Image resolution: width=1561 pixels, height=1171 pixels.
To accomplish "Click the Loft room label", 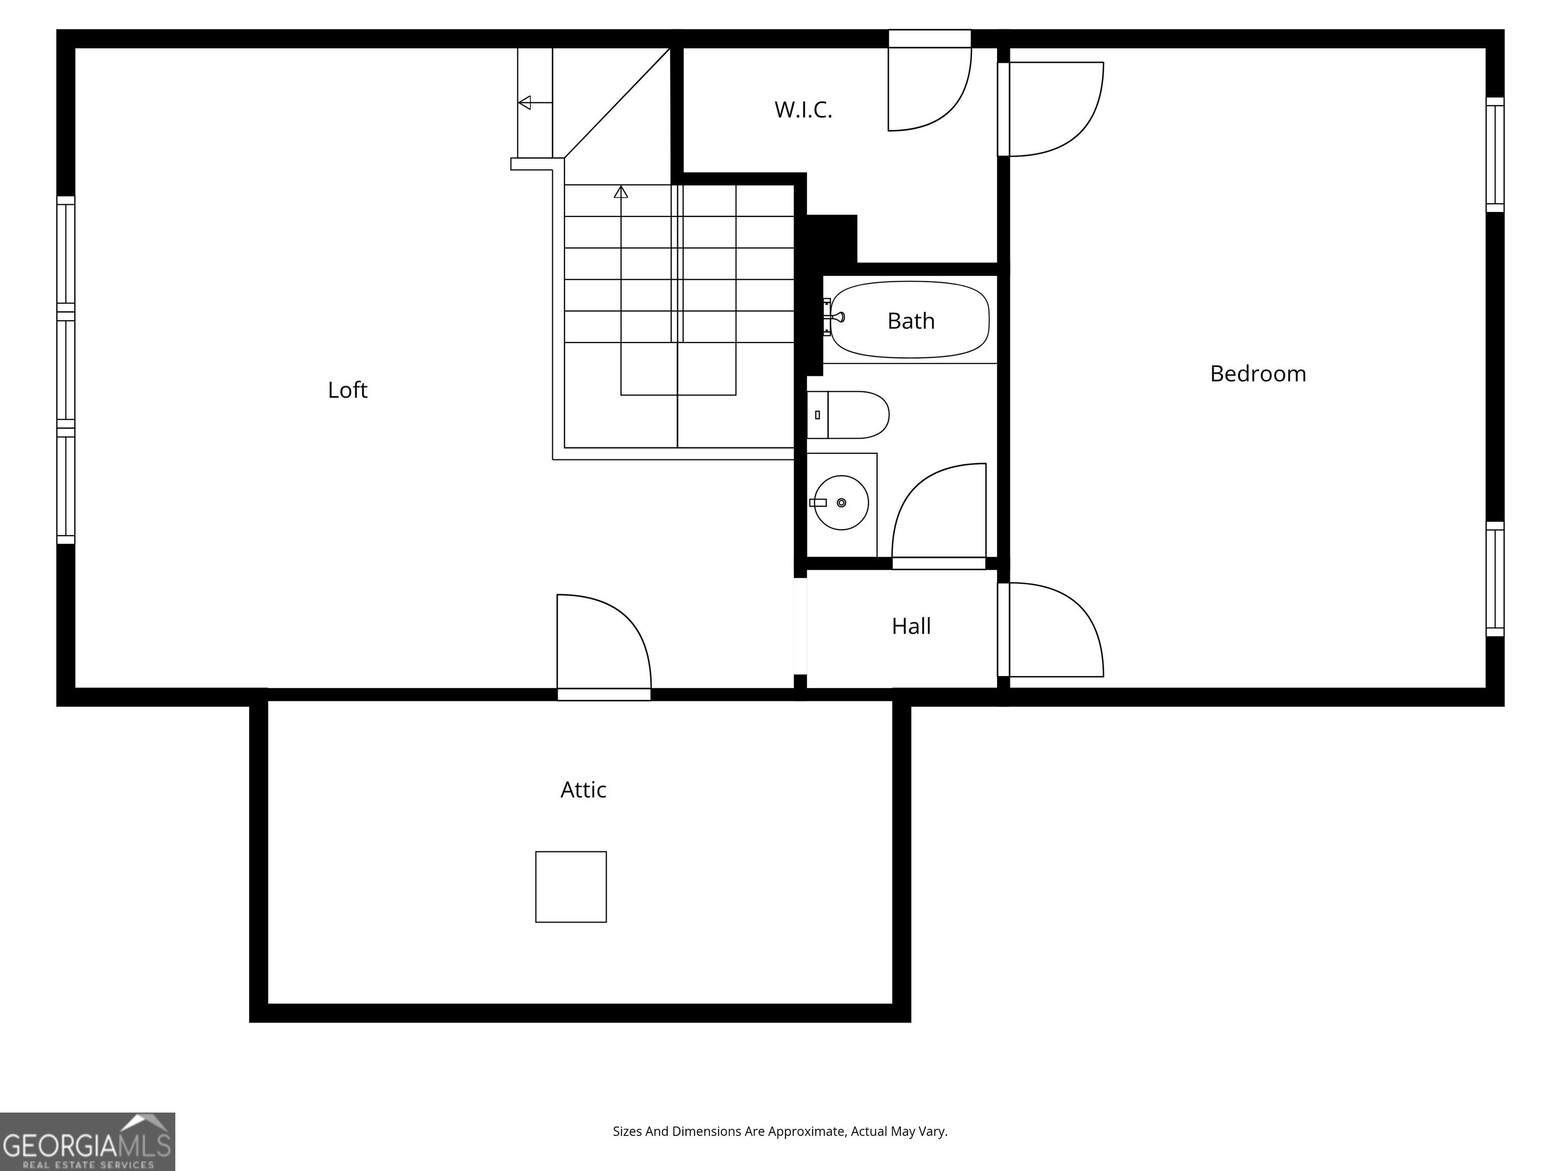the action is (347, 390).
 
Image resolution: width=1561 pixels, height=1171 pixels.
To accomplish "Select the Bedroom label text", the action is (1258, 374).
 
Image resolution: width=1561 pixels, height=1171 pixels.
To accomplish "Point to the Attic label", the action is (583, 789).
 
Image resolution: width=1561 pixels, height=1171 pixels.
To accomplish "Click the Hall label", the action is (911, 626).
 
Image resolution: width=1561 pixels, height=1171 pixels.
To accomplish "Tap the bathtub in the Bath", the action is (910, 320).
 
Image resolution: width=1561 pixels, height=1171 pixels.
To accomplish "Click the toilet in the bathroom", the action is (848, 415).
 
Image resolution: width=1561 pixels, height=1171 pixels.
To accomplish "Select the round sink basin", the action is (841, 503).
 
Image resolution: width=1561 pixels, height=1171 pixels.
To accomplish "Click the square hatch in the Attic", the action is (571, 886).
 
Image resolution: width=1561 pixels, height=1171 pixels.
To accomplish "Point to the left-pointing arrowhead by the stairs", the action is (524, 103).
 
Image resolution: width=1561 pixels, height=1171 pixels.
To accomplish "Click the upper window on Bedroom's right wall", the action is (1494, 155).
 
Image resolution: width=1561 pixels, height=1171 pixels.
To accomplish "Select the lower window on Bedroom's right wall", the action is (1494, 579).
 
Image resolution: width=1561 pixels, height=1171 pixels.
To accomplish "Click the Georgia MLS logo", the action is (87, 1142).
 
